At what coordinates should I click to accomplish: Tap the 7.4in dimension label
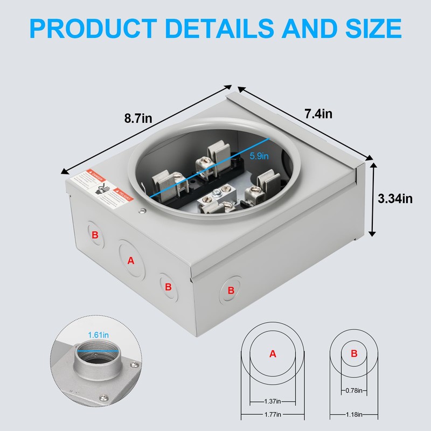[x=318, y=114]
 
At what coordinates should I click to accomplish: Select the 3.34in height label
[x=395, y=199]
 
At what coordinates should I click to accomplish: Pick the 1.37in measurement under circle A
[x=272, y=401]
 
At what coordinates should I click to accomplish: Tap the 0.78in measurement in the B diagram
[x=353, y=390]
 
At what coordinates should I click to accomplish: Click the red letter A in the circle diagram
[x=272, y=354]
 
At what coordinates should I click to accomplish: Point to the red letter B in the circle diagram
[x=354, y=354]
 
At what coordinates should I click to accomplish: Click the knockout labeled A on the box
[x=130, y=260]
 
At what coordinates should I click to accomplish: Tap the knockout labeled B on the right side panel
[x=231, y=290]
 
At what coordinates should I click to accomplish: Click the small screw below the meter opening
[x=142, y=211]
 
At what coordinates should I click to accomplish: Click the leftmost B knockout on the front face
[x=95, y=235]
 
